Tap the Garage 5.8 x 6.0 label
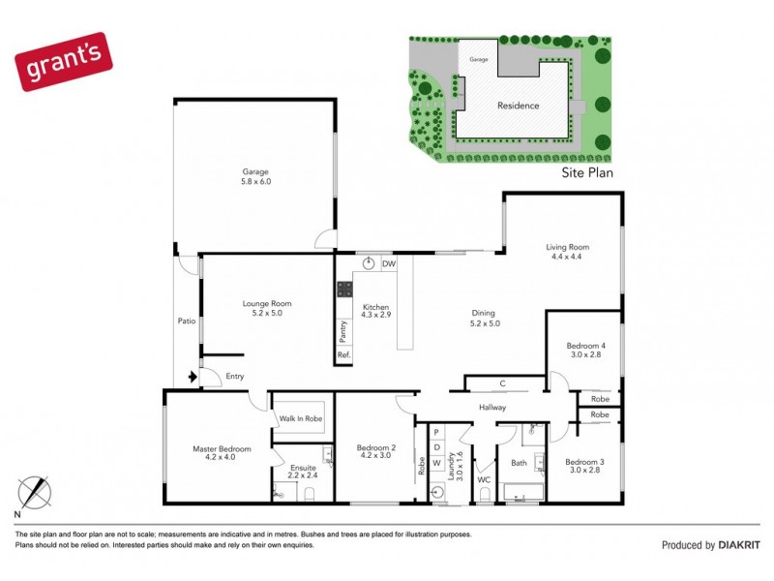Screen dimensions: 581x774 pos(255,176)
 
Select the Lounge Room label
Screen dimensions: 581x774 pos(266,309)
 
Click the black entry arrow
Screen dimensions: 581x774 pos(193,377)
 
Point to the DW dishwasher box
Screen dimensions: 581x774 pos(388,263)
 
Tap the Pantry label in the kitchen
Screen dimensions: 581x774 pos(343,331)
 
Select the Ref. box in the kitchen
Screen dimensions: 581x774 pos(343,355)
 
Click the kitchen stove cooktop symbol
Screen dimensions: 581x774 pos(343,289)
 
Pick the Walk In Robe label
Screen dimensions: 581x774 pos(301,419)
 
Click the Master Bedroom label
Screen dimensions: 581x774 pos(222,454)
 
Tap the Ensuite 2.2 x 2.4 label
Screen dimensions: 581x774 pos(303,473)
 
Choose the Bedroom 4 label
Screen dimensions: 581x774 pos(586,351)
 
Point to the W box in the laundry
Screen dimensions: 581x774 pos(436,463)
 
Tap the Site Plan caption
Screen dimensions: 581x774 pos(587,175)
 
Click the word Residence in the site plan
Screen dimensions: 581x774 pos(518,106)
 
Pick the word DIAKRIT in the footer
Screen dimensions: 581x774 pos(738,545)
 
